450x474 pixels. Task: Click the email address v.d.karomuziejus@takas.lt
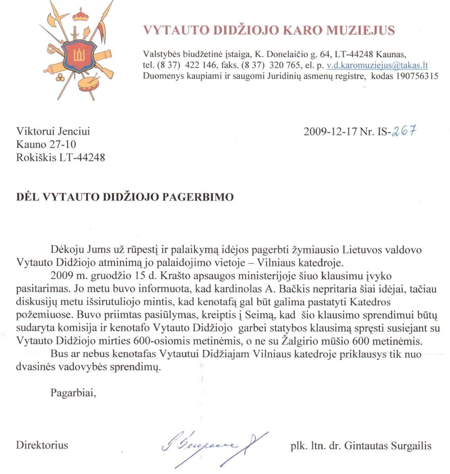377,66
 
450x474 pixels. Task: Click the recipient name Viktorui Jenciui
53,131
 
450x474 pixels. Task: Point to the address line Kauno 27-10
46,144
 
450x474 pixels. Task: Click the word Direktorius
42,445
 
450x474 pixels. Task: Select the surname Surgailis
411,446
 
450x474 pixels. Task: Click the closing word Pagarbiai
73,393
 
